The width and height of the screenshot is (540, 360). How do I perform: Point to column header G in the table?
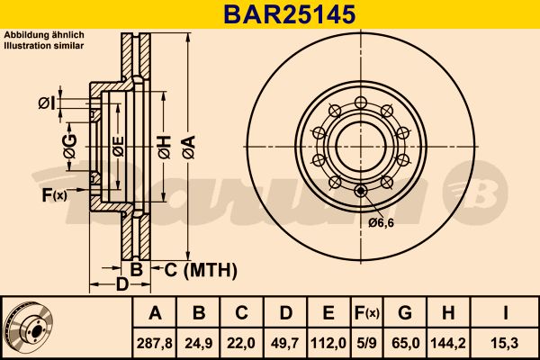[405, 313]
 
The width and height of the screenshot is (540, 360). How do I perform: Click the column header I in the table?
[509, 313]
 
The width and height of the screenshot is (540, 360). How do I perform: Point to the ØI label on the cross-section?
[47, 105]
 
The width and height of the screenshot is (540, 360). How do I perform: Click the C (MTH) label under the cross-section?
[199, 269]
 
